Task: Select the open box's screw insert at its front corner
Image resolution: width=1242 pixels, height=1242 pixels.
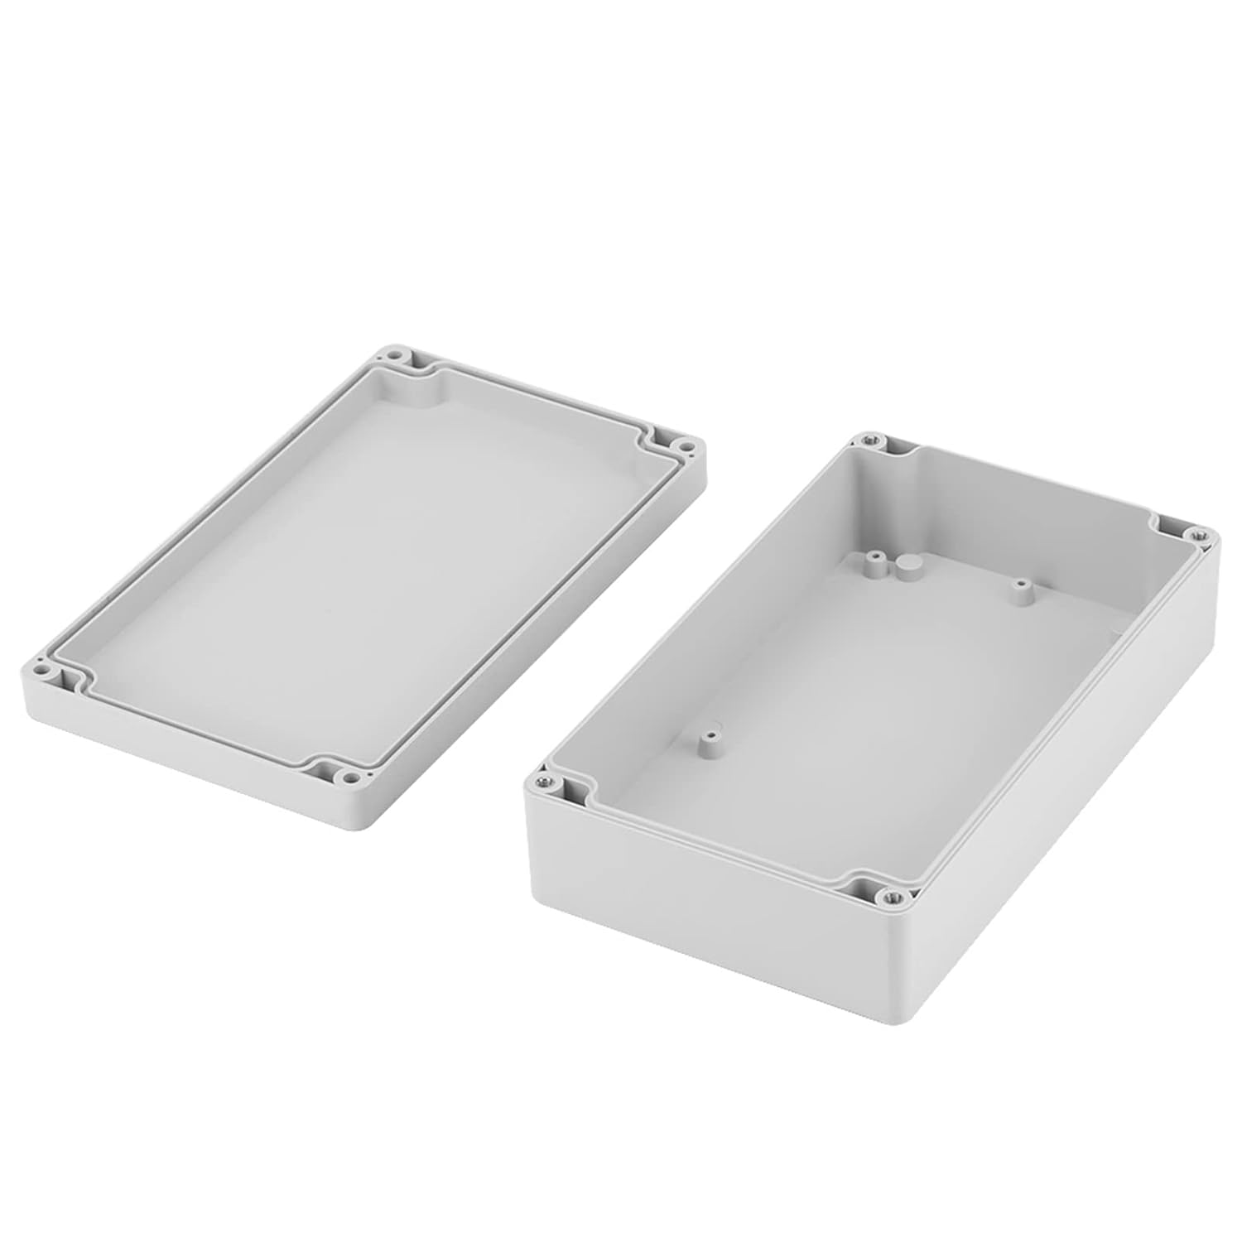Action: click(892, 895)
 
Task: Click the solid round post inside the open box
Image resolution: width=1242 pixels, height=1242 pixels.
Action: click(904, 566)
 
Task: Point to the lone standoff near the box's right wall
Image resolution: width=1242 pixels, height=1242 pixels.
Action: click(1020, 591)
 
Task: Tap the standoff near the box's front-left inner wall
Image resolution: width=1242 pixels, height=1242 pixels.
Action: click(709, 739)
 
